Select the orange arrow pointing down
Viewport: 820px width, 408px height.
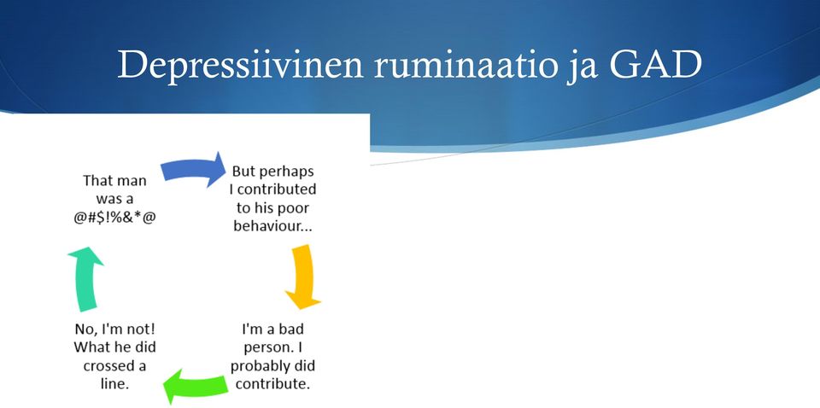coord(304,277)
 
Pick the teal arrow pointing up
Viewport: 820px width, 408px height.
coord(85,279)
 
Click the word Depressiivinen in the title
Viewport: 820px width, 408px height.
coord(240,65)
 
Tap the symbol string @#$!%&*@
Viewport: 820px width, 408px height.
coord(115,218)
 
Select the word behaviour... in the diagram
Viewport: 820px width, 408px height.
coord(273,227)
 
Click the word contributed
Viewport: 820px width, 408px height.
coord(277,189)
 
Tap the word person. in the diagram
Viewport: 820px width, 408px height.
coord(266,348)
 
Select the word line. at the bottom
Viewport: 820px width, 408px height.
coord(114,383)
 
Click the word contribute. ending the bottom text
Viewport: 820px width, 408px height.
coord(272,384)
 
